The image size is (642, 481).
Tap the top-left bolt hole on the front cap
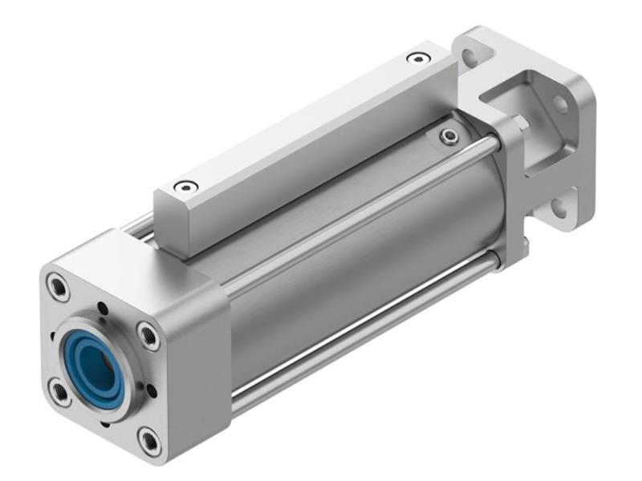[x=58, y=285]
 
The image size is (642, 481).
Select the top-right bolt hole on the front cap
[x=148, y=334]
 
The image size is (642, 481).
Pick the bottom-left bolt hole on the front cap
[x=59, y=391]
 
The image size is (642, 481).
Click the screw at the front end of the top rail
[x=186, y=188]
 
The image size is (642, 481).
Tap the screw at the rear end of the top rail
[x=417, y=58]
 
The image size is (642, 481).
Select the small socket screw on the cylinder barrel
[x=451, y=137]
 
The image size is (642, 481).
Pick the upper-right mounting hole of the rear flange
[x=560, y=104]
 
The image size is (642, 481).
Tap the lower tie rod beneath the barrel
[x=361, y=337]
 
